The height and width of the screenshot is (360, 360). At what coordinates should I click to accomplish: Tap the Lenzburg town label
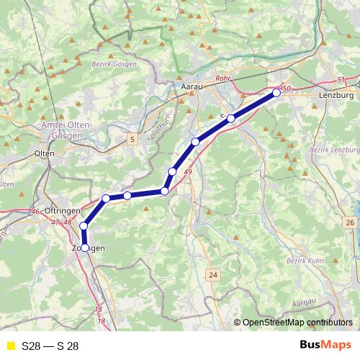(x=336, y=95)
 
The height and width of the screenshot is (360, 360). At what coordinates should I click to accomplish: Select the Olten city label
(x=45, y=153)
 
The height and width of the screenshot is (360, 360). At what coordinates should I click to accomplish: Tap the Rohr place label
(x=223, y=81)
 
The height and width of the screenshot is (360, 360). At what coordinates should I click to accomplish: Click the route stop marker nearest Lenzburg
(x=276, y=93)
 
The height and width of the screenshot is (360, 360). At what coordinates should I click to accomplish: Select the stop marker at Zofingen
(x=85, y=248)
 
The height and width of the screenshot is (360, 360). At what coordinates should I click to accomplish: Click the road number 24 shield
(x=213, y=275)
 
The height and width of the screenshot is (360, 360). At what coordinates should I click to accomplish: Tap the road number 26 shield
(x=350, y=223)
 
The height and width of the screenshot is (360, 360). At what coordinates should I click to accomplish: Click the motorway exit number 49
(x=188, y=172)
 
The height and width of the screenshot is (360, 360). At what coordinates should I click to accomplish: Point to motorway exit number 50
(x=287, y=88)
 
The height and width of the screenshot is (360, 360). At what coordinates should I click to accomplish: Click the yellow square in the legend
(x=10, y=346)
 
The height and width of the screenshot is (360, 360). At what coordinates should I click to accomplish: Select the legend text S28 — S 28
(x=50, y=346)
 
